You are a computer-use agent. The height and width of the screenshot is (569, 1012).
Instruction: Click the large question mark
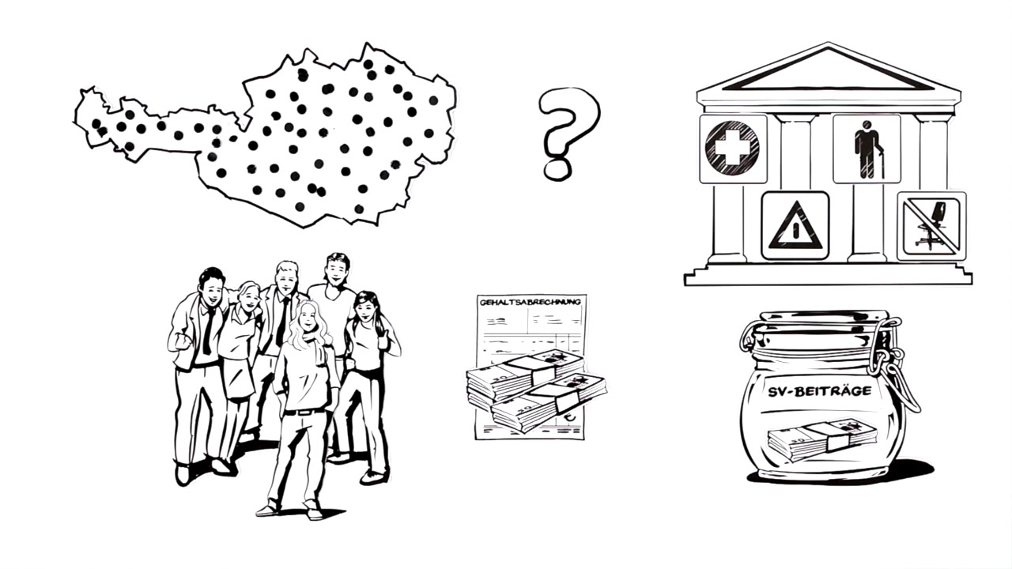tap(568, 130)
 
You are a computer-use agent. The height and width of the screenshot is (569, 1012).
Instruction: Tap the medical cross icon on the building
tap(732, 148)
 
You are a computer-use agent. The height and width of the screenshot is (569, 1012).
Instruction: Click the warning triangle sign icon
tap(795, 227)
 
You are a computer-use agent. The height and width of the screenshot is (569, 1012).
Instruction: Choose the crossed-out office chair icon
tap(931, 227)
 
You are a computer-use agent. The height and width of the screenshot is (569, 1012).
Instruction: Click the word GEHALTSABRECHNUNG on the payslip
tap(531, 302)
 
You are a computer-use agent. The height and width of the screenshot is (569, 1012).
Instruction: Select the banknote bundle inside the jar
tap(821, 438)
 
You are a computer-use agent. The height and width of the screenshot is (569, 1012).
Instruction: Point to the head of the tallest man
tap(337, 271)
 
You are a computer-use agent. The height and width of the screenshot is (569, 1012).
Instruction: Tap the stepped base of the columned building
tap(828, 274)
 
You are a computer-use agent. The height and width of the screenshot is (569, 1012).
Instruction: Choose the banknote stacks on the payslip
tap(535, 389)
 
